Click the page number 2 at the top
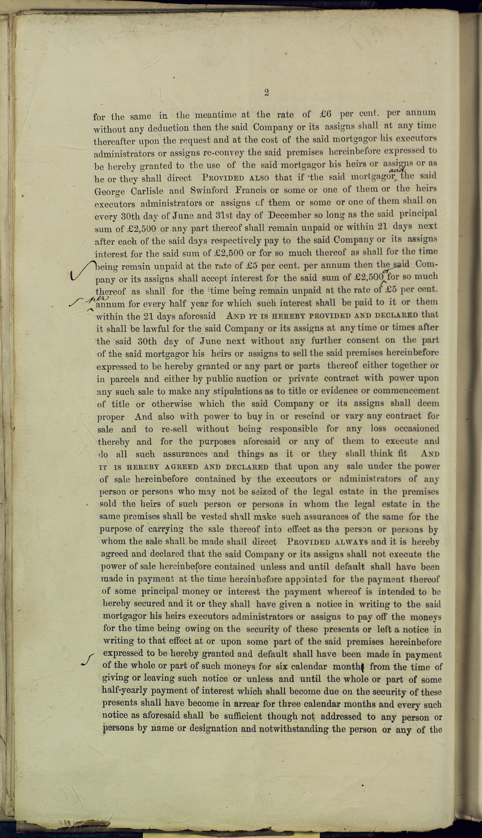(266, 93)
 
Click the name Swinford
(209, 190)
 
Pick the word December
(289, 215)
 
